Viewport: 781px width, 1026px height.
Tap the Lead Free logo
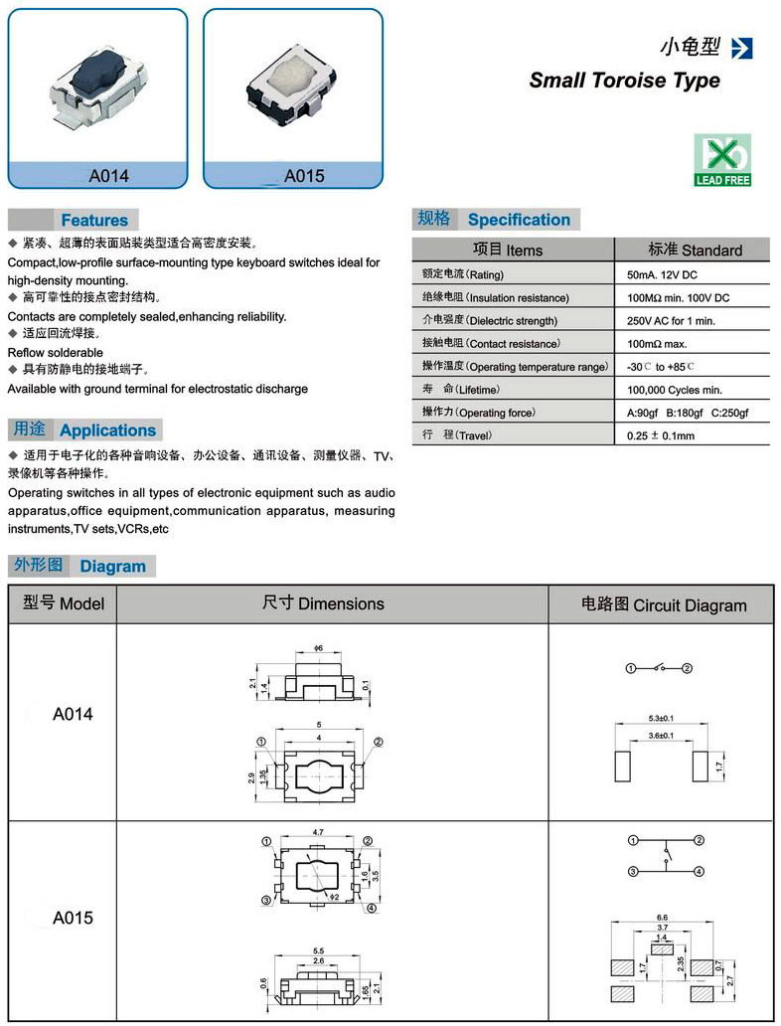[722, 160]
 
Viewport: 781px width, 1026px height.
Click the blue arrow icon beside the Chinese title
[741, 48]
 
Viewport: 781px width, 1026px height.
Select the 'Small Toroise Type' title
[624, 81]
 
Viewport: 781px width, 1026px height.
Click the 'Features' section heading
[94, 220]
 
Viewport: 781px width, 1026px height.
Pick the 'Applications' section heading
[107, 430]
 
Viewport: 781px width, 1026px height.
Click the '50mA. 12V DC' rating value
[671, 274]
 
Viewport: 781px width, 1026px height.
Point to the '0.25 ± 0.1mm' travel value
[661, 435]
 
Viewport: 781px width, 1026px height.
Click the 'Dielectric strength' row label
[497, 321]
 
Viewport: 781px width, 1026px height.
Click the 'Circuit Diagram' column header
[663, 604]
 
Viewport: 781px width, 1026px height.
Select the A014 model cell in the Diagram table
[73, 714]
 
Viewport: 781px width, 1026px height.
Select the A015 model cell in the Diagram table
[73, 917]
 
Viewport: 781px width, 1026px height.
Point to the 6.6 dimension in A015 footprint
[662, 918]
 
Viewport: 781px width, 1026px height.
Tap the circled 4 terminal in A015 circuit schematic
[699, 872]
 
